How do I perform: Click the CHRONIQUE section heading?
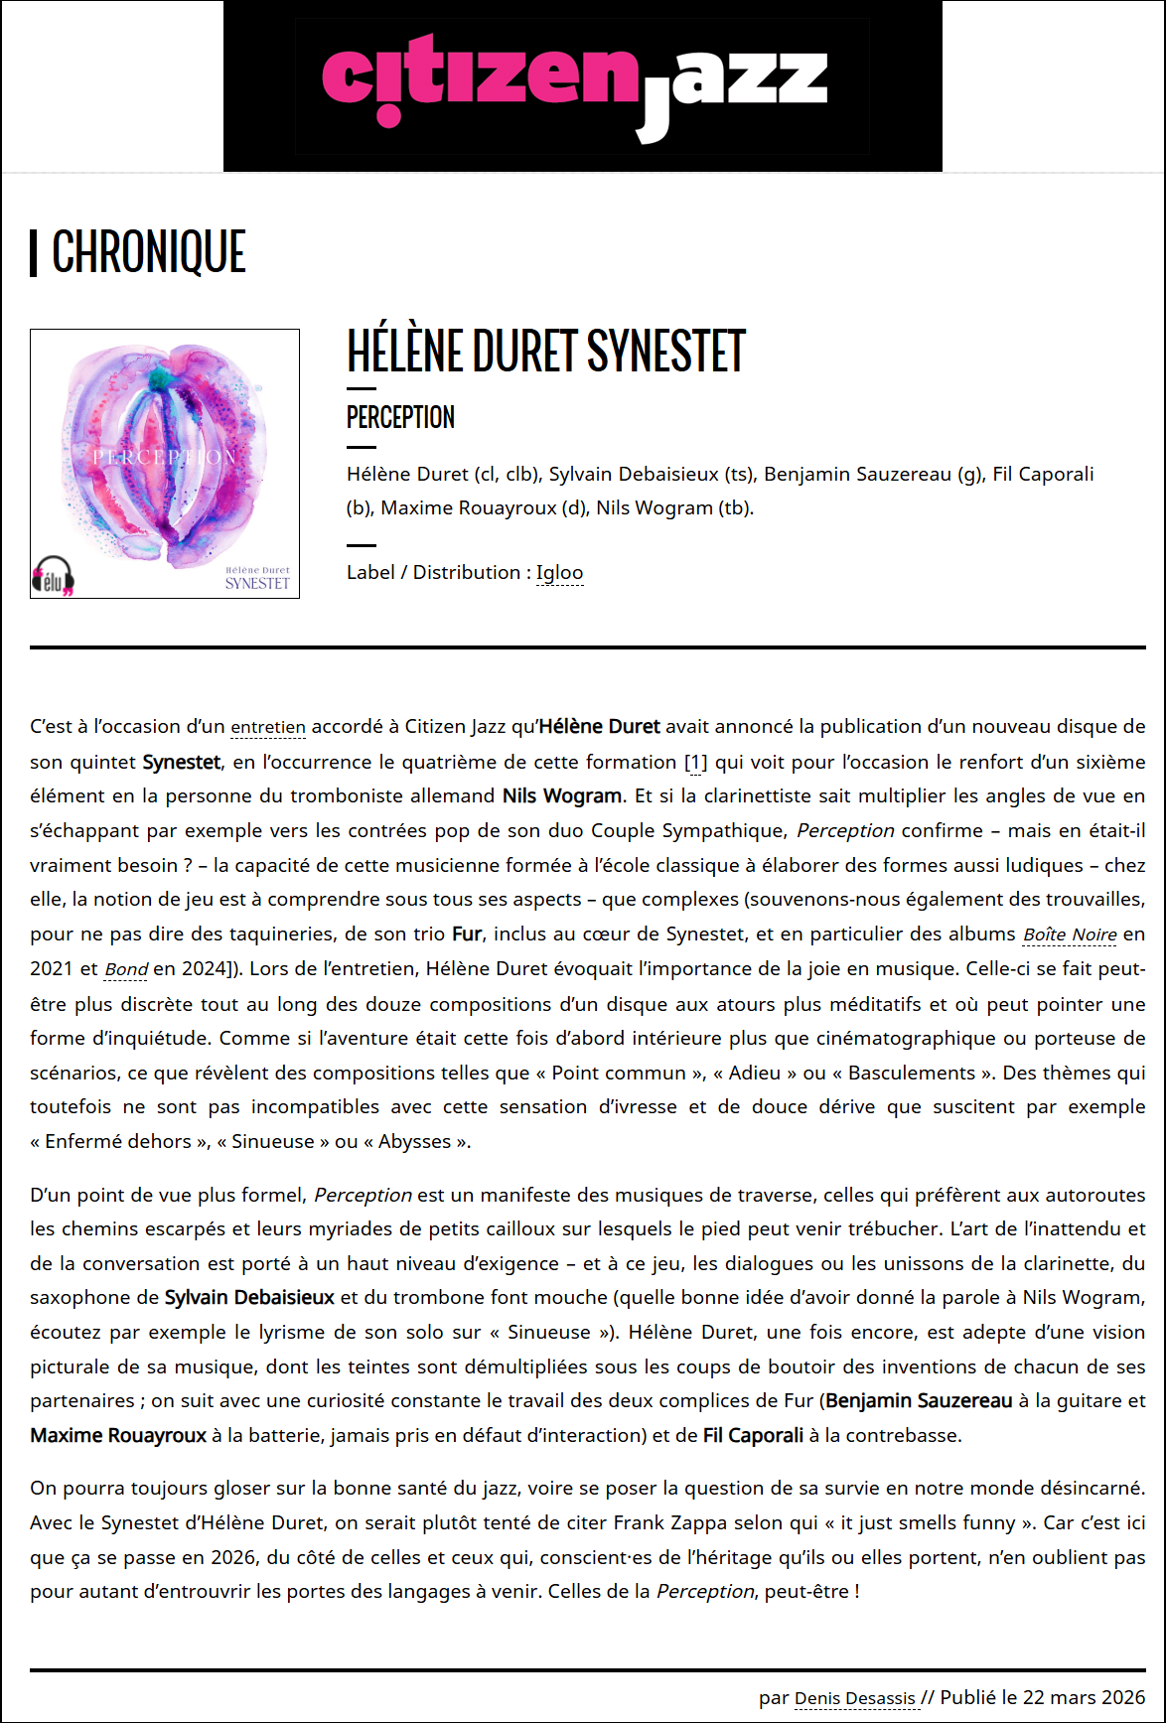pyautogui.click(x=148, y=252)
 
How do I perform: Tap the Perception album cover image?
pyautogui.click(x=165, y=463)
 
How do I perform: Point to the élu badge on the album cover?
pyautogui.click(x=54, y=576)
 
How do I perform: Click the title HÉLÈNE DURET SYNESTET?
pyautogui.click(x=545, y=352)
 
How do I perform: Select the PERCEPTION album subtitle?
pyautogui.click(x=400, y=417)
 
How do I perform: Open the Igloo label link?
pyautogui.click(x=559, y=573)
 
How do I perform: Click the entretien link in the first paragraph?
pyautogui.click(x=268, y=727)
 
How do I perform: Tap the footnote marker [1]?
pyautogui.click(x=696, y=762)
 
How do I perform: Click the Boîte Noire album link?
pyautogui.click(x=1070, y=934)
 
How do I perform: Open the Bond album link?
pyautogui.click(x=126, y=969)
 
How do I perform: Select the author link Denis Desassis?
pyautogui.click(x=855, y=1698)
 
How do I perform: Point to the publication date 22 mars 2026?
pyautogui.click(x=1084, y=1697)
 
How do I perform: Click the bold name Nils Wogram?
pyautogui.click(x=562, y=795)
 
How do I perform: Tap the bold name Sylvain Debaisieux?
pyautogui.click(x=249, y=1297)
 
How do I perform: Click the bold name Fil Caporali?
pyautogui.click(x=753, y=1435)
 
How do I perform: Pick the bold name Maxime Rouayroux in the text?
pyautogui.click(x=118, y=1435)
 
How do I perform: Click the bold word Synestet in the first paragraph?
pyautogui.click(x=182, y=762)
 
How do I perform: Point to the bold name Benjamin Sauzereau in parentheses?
pyautogui.click(x=919, y=1400)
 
